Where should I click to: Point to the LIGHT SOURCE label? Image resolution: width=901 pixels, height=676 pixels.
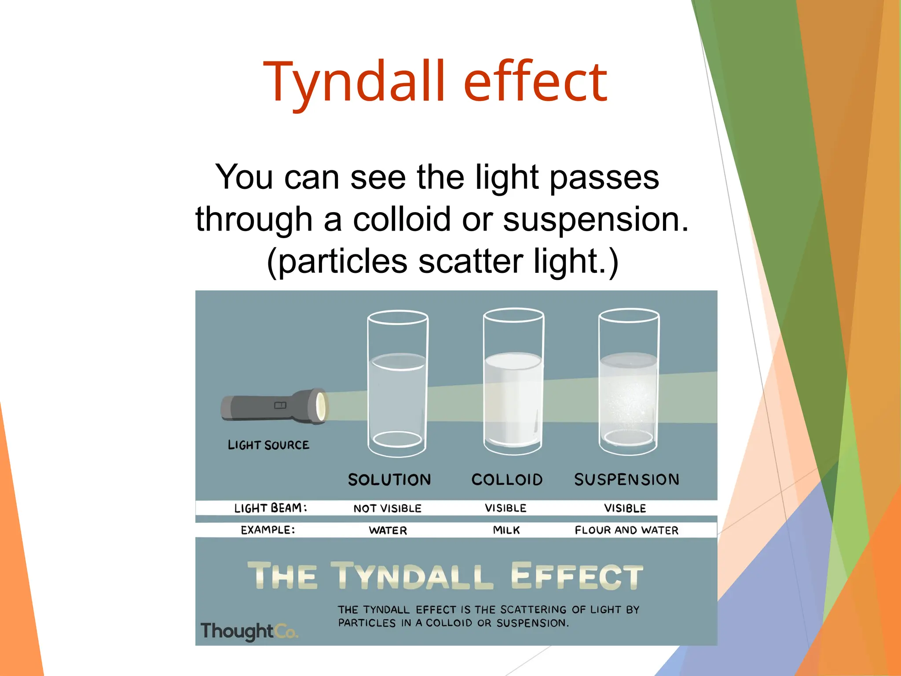point(268,445)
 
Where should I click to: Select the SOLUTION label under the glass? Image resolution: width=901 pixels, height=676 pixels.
point(389,480)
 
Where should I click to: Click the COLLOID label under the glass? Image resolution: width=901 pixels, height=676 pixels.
point(507,480)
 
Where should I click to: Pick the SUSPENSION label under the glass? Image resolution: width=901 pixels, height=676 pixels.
point(626,480)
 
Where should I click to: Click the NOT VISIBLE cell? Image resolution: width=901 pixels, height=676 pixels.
point(387,508)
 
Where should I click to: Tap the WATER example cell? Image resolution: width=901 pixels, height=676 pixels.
point(388,530)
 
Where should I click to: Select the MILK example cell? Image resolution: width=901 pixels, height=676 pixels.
point(506,530)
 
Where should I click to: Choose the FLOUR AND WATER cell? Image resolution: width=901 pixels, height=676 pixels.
point(626,530)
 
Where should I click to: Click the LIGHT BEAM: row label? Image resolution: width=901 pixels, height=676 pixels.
point(270,508)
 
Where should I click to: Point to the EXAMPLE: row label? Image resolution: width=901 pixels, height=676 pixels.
point(267,530)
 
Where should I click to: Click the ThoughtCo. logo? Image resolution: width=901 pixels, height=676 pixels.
point(249,631)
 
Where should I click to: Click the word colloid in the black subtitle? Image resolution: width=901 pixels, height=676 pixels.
point(402,219)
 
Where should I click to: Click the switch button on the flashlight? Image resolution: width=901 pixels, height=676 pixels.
point(280,405)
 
